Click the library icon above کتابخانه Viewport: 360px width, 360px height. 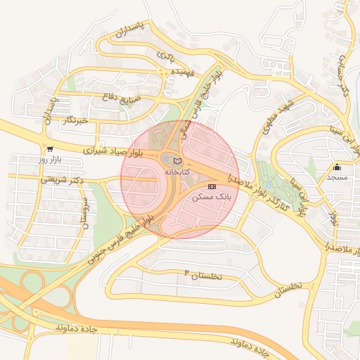coord(176,161)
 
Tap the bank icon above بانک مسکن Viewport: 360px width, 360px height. coord(212,186)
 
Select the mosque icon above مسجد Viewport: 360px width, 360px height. coord(337,167)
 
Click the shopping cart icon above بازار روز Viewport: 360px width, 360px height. coord(50,149)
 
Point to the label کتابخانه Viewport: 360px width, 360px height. coord(177,172)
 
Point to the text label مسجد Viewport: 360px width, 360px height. coord(337,179)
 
